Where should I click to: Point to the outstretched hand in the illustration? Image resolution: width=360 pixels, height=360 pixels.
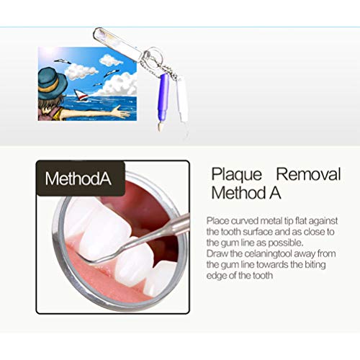[x=122, y=113]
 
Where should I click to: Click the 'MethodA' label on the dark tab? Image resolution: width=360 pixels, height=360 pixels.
[x=78, y=179]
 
